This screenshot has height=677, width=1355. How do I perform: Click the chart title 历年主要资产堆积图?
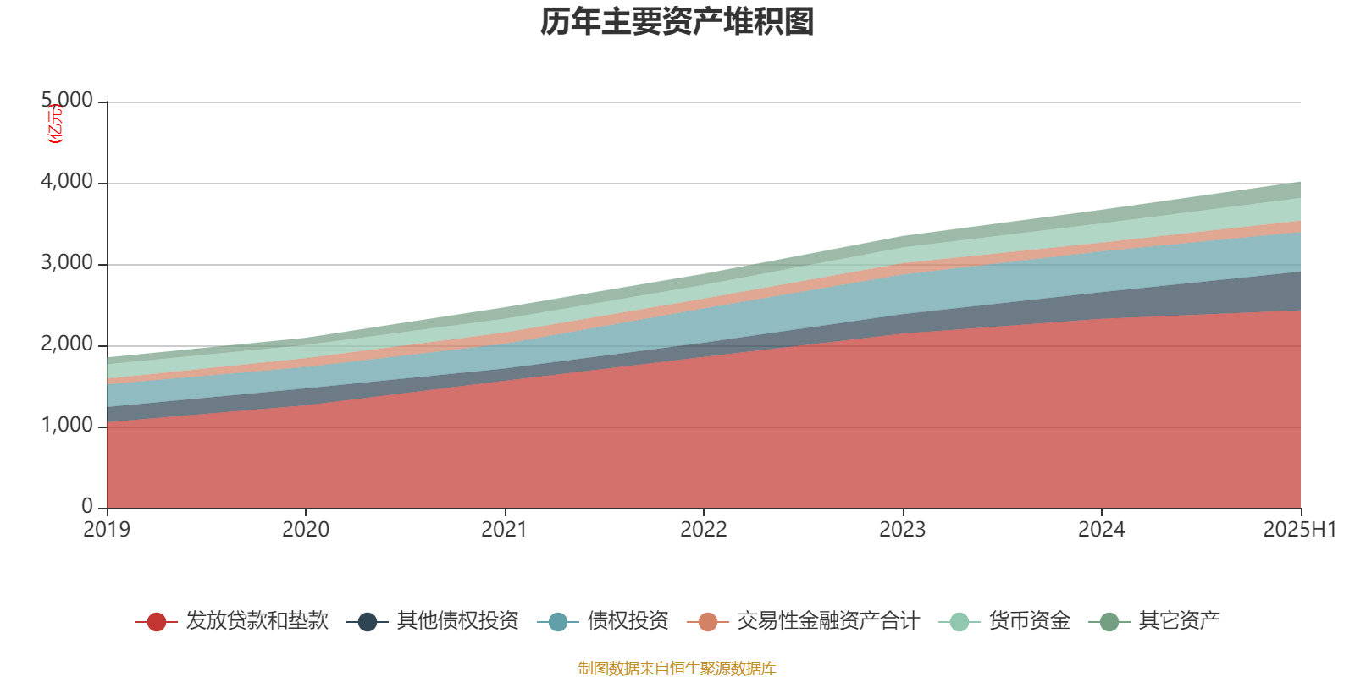[677, 23]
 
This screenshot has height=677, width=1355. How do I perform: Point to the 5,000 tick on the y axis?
[67, 101]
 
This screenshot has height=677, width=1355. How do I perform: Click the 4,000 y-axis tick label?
[67, 182]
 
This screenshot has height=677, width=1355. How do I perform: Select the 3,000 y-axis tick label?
[67, 263]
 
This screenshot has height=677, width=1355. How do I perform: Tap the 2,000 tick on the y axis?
[67, 344]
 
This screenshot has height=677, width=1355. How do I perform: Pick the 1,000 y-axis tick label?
[67, 426]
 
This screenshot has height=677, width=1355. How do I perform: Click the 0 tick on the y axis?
[87, 506]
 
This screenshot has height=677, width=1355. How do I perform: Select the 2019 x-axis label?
[107, 530]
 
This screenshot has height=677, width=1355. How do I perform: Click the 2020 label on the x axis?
[306, 530]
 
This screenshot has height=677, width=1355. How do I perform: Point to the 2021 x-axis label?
[505, 530]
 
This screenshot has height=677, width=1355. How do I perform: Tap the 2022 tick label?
[704, 530]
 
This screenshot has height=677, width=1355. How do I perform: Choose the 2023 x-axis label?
[903, 530]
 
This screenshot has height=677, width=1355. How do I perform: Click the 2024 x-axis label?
[1102, 530]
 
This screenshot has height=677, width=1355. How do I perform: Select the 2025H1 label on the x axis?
[1299, 530]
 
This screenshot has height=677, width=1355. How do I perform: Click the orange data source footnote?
[677, 669]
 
